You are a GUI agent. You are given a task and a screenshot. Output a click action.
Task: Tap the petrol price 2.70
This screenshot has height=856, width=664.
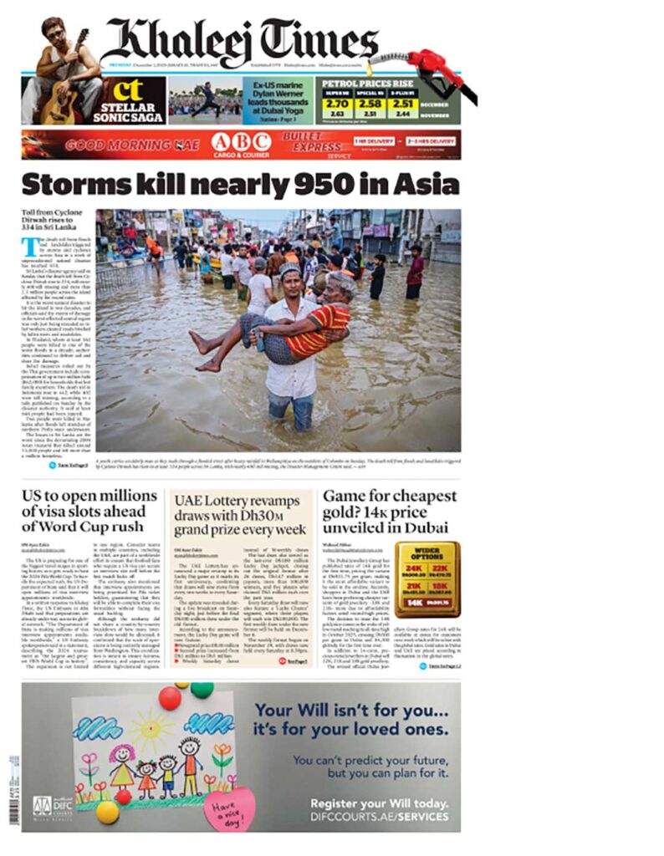337,104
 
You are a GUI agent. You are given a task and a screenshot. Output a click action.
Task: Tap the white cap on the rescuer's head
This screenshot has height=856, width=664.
289,269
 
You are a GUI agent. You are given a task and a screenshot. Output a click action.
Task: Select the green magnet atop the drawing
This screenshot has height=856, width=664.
202,690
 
